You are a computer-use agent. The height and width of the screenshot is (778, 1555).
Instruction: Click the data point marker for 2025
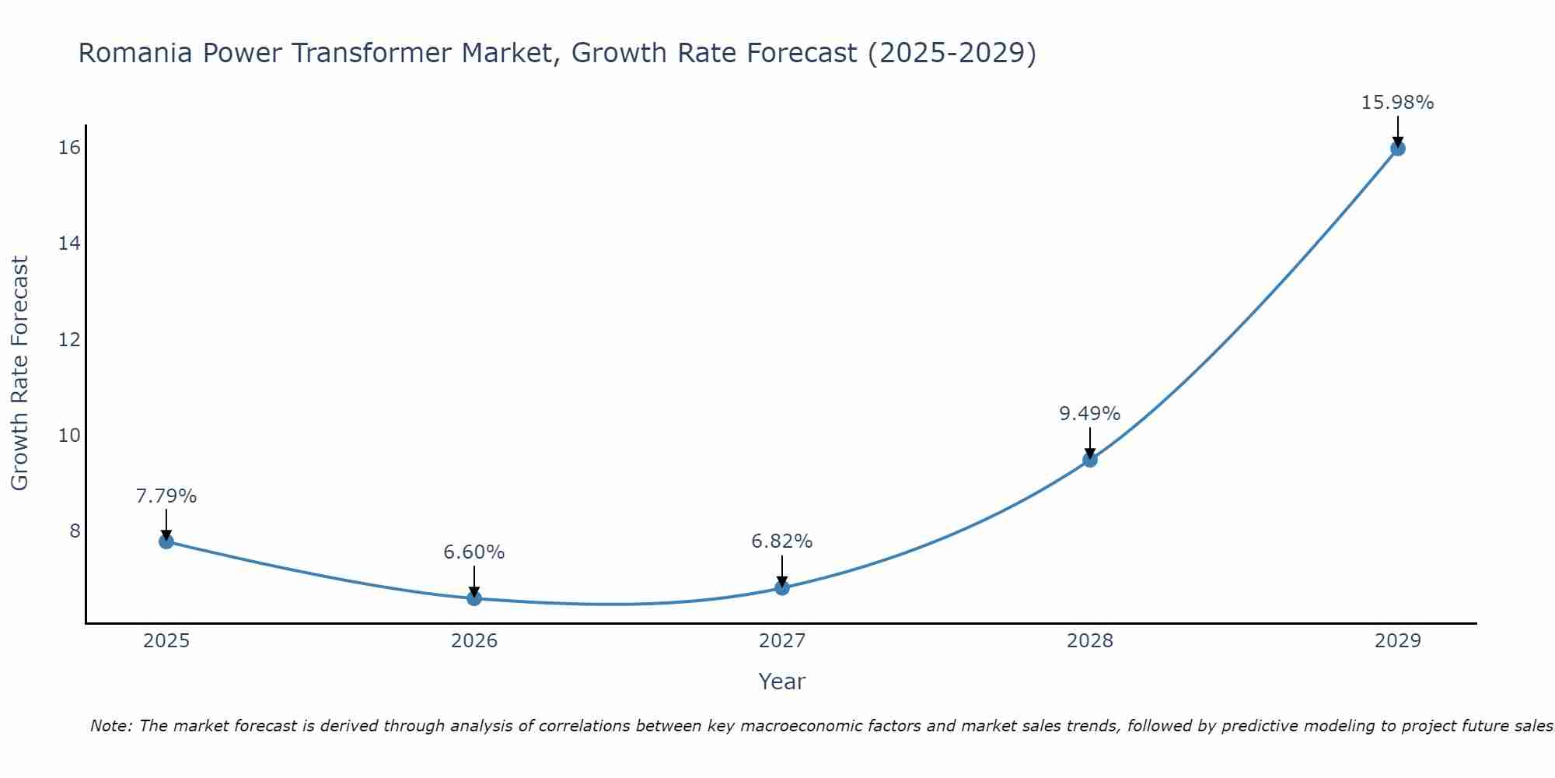(166, 541)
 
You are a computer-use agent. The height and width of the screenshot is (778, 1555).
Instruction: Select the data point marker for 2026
(474, 598)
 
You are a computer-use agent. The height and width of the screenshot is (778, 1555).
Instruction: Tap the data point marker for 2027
(782, 587)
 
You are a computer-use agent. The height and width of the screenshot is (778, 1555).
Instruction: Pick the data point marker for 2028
(1090, 460)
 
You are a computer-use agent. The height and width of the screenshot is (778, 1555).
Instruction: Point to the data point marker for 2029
(1397, 149)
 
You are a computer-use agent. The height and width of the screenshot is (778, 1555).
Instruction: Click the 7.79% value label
(166, 496)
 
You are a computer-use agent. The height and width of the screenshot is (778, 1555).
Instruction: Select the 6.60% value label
(474, 552)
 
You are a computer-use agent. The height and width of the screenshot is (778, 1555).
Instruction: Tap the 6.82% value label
(782, 541)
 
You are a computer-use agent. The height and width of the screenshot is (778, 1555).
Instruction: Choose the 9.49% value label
(1090, 414)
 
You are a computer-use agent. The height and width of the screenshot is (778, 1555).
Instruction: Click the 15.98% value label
(1397, 103)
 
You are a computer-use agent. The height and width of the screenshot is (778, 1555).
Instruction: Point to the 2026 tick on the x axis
(474, 641)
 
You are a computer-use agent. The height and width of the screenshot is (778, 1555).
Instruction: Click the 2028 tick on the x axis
(1090, 641)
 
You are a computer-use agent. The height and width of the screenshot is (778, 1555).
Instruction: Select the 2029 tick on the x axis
(1397, 641)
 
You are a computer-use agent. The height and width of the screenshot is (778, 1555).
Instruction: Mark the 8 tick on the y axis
(75, 531)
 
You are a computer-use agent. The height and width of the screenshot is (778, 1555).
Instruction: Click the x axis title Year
(782, 682)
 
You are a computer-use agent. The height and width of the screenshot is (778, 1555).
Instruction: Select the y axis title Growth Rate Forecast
(20, 373)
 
